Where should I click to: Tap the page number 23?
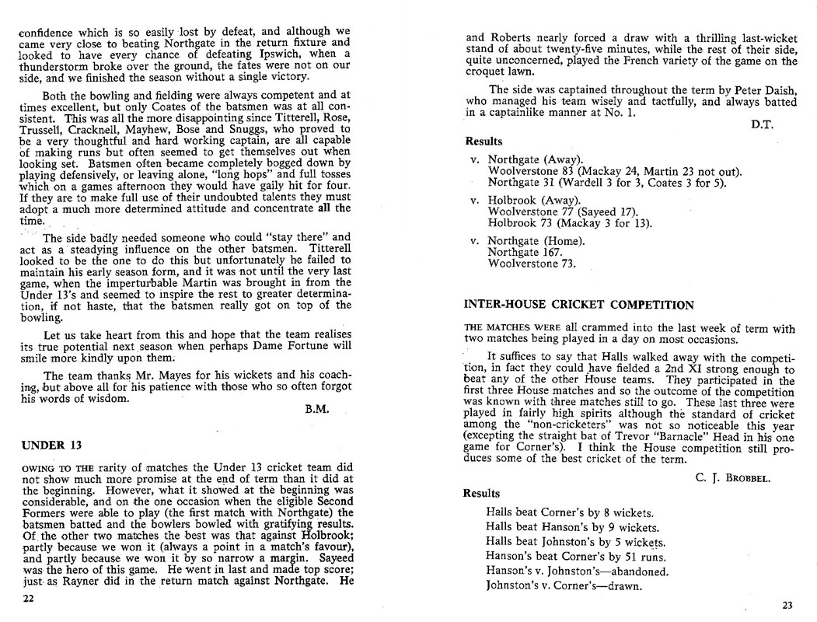[x=789, y=605]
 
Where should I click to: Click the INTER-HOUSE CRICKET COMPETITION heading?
[x=578, y=305]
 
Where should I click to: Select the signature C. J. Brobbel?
[x=732, y=477]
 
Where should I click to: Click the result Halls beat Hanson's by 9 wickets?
[x=569, y=527]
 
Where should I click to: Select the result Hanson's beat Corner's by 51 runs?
[x=575, y=556]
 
